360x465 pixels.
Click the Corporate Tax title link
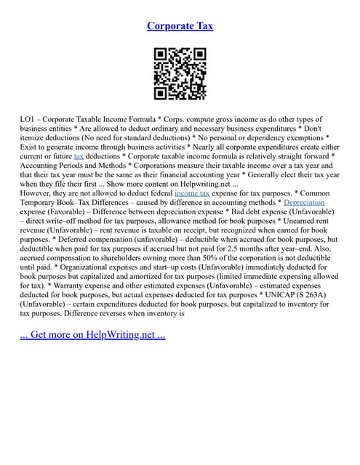(x=180, y=26)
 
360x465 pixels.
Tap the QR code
(x=180, y=74)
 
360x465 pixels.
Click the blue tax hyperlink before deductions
(x=79, y=156)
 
